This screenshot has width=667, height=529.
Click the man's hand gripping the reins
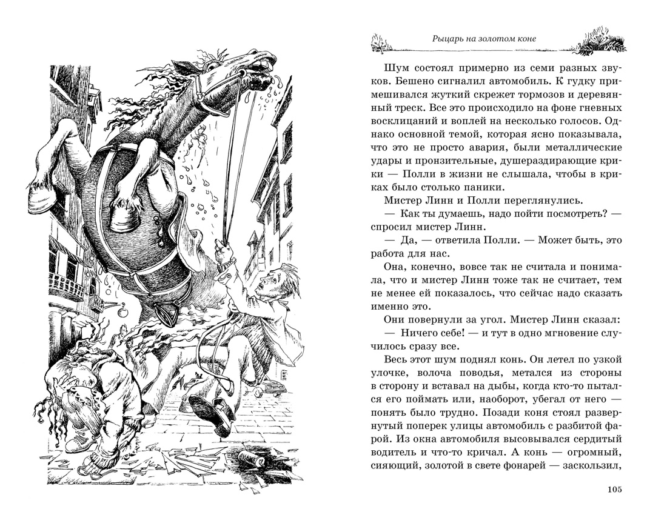[x=226, y=250]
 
